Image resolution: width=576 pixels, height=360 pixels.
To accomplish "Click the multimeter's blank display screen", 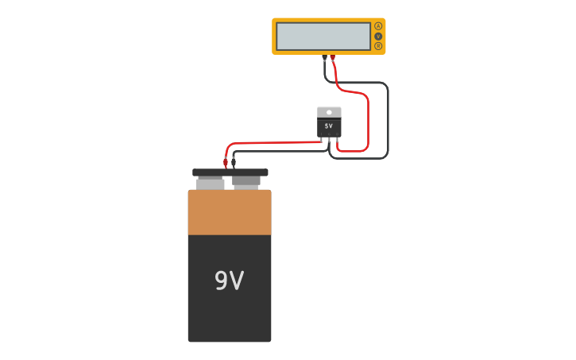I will pos(323,37).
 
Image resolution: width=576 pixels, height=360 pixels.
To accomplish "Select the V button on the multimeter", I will pos(378,36).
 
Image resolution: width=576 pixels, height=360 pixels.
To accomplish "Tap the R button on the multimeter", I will pos(378,46).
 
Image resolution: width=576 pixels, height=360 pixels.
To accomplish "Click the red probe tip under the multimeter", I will pos(333,58).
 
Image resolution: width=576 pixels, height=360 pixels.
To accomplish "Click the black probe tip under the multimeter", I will pos(324,58).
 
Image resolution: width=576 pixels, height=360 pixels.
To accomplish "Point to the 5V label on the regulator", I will pos(329,126).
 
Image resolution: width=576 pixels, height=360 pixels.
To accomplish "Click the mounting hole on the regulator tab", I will pos(329,112).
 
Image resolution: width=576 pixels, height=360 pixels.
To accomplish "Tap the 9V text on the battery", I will pos(229,281).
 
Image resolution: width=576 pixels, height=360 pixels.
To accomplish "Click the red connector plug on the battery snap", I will pos(226,162).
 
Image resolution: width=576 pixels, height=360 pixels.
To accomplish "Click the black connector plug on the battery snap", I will pos(234,162).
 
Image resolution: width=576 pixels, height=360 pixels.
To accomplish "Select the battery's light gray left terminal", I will pos(210,184).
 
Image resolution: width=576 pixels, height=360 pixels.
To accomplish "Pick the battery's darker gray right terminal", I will pos(246,182).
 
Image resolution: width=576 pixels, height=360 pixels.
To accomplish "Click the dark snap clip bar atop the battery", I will pos(230,172).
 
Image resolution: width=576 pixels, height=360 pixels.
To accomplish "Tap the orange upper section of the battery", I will pos(230,212).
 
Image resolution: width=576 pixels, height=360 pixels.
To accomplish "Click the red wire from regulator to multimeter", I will pos(368,119).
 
